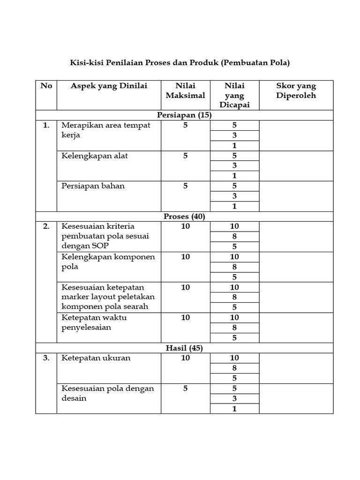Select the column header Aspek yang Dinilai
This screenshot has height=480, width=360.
click(109, 86)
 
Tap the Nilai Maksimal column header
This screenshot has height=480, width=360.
click(185, 90)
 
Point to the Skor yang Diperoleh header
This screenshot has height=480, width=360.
click(296, 90)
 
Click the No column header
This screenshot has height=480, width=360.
click(46, 86)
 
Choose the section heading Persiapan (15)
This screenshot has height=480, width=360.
click(185, 115)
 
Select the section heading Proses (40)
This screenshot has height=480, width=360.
click(185, 217)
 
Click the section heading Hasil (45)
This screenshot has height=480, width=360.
click(185, 348)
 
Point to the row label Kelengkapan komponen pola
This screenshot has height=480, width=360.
click(108, 262)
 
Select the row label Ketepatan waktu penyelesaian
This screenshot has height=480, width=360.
click(94, 322)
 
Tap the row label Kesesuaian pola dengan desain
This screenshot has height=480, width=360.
click(108, 393)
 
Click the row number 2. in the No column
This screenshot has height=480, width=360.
click(46, 226)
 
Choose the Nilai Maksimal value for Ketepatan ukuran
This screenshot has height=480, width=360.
click(185, 358)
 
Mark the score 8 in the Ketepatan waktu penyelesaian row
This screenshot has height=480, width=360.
click(234, 328)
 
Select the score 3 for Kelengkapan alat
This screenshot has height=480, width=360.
click(234, 165)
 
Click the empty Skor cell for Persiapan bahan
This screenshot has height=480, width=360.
click(296, 196)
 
